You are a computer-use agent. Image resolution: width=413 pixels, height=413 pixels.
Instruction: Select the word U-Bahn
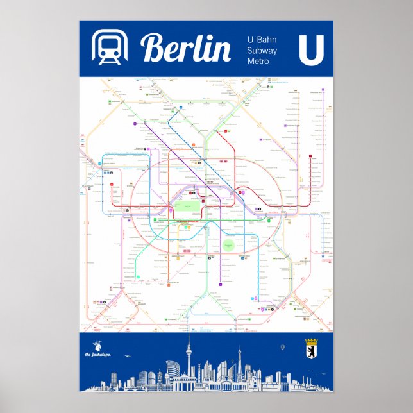coord(262,40)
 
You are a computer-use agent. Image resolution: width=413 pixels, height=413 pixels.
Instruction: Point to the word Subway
coord(262,50)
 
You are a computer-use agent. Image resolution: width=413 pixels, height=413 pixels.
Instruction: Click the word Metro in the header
coord(259,61)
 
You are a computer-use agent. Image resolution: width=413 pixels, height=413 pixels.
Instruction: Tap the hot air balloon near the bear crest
coord(282,348)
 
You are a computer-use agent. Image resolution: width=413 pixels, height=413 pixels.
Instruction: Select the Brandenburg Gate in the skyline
coord(184,383)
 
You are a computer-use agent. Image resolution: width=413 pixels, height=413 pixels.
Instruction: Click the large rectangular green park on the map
coord(184,208)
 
